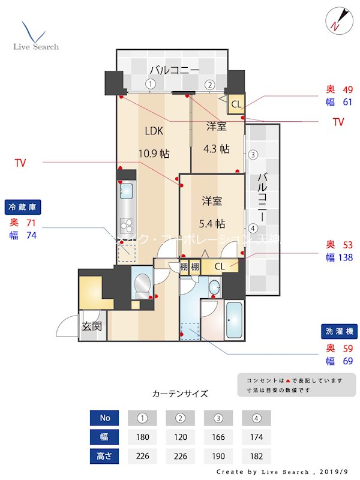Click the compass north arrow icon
pos(336,22)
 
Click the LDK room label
pos(154,130)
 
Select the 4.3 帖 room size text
pos(216,149)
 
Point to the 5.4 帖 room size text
pos(212,224)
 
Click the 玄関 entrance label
pos(92,326)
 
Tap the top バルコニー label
pos(175,70)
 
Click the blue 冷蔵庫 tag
pos(23,207)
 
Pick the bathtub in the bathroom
pos(233,321)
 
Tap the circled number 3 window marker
pos(253,155)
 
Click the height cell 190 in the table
pos(218,455)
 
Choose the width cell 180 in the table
pos(142,437)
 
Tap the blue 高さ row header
pos(104,455)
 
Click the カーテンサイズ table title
pos(180,394)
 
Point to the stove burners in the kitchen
pos(127,226)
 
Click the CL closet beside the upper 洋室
pos(236,104)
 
